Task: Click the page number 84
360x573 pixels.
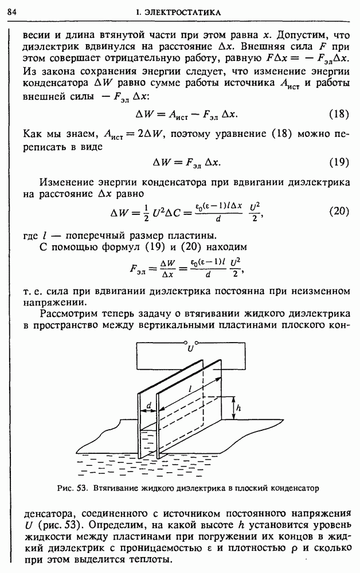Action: [11, 11]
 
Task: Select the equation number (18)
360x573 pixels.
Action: [341, 113]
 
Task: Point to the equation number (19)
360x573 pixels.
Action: [341, 162]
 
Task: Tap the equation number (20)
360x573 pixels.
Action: [341, 211]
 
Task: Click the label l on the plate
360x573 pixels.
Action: [189, 388]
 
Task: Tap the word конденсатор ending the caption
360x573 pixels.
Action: [294, 489]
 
